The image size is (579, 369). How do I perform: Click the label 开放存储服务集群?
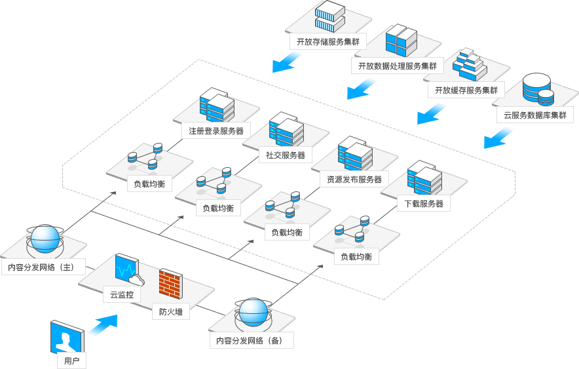[327, 41]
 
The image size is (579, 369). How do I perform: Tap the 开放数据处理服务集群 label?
[398, 66]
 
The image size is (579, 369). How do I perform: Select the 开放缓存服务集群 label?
[466, 90]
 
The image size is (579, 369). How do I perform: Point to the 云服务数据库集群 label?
[535, 115]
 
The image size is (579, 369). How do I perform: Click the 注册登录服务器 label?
[215, 130]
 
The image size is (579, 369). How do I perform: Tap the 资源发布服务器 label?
[354, 179]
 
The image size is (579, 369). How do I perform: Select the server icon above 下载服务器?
[424, 177]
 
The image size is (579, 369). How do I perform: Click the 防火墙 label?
[171, 312]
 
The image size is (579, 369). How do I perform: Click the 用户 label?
[71, 360]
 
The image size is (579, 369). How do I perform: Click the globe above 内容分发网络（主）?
[46, 239]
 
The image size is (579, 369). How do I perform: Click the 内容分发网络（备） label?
[252, 340]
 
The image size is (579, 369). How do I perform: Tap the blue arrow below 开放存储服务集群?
[286, 62]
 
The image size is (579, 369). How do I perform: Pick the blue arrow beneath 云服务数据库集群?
[498, 138]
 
